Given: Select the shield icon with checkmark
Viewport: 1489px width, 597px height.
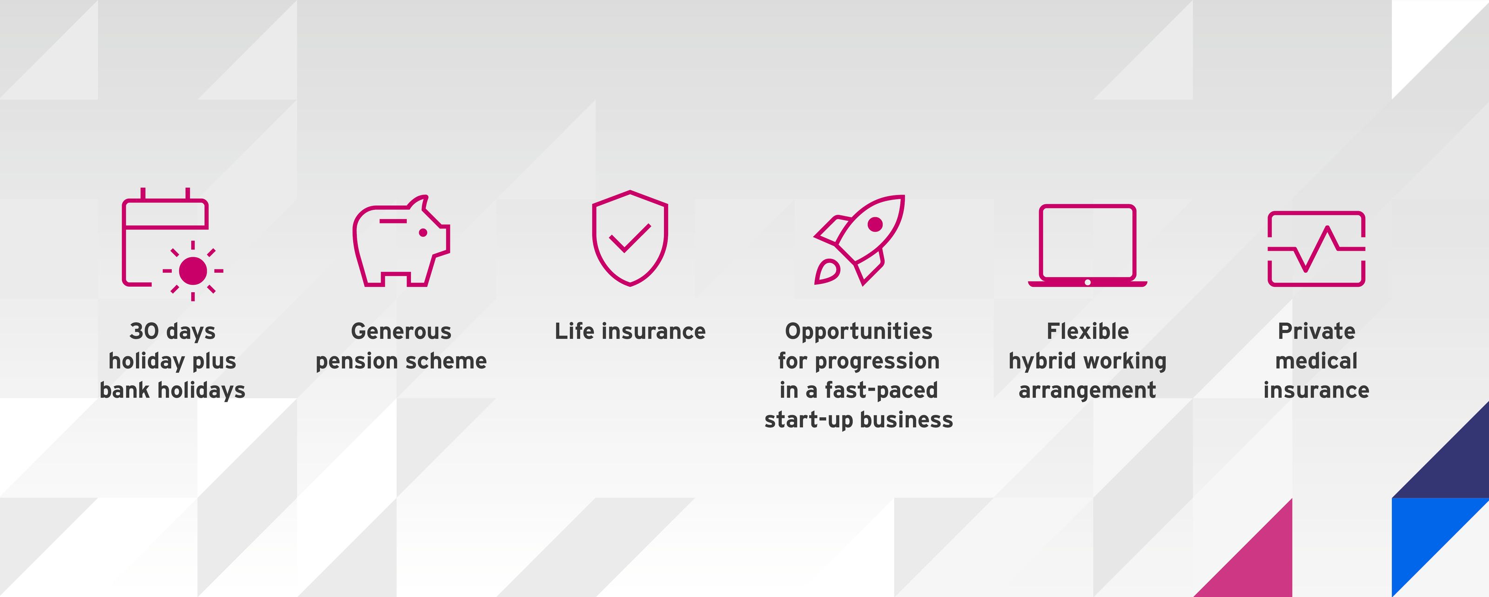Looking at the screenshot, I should pos(630,238).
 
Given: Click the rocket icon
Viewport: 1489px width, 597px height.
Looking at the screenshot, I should pos(859,239).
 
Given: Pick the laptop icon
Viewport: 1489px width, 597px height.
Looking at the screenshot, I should pos(1087,246).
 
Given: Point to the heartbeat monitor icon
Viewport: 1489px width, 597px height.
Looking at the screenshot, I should pos(1316,248).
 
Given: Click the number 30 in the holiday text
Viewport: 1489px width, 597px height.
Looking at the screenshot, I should pos(143,331).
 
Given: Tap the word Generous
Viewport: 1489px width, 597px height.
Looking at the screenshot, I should pos(401,331).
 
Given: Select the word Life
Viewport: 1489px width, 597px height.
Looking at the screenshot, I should pos(575,331).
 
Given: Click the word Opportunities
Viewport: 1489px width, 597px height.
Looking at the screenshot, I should pos(859,331).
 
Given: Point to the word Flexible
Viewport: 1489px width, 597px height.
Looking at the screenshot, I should pos(1087,331).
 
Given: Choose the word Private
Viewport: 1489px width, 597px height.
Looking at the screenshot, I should pos(1316,331).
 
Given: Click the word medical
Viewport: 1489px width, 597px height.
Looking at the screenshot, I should pos(1316,361).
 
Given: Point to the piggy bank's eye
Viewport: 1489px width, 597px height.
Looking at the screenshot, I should pos(423,232).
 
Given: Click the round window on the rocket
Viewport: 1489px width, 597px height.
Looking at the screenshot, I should pos(875,224).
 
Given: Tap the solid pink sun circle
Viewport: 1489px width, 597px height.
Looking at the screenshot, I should pos(193,270).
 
